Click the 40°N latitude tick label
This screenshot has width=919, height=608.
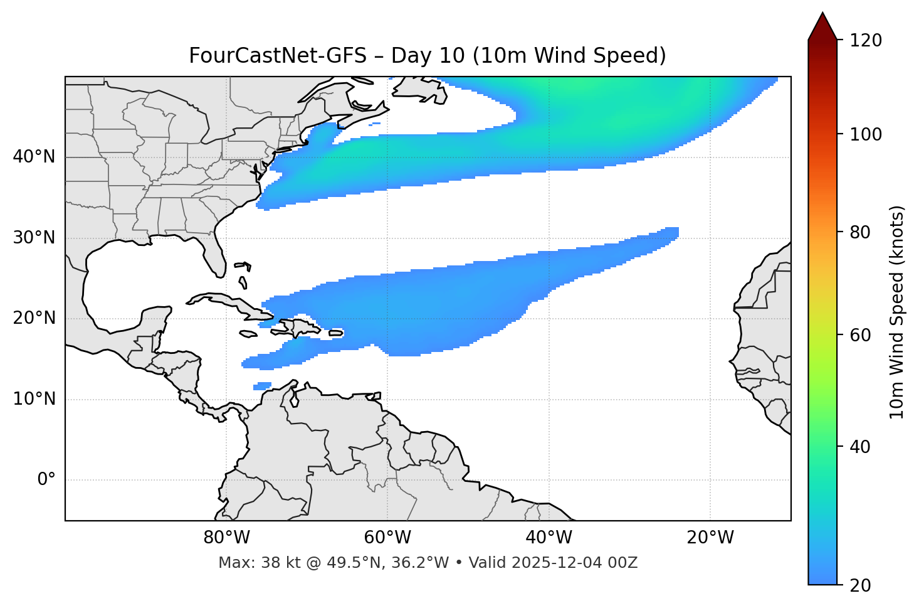coord(34,157)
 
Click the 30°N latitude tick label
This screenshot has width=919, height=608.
coord(34,238)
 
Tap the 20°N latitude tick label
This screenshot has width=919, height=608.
coord(34,318)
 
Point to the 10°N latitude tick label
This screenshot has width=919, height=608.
coord(34,399)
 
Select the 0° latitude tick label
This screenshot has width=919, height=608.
coord(46,480)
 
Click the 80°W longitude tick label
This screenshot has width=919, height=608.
coord(226,538)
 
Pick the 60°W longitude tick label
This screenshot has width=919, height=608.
coord(387,538)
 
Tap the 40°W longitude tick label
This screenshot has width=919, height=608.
coord(549,538)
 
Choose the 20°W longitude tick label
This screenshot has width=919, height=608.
coord(710,538)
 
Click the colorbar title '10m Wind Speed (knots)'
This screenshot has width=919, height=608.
coord(897,312)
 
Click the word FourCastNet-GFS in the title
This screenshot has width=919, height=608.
coord(278,56)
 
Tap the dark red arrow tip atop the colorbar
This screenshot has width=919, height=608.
coord(822,25)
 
